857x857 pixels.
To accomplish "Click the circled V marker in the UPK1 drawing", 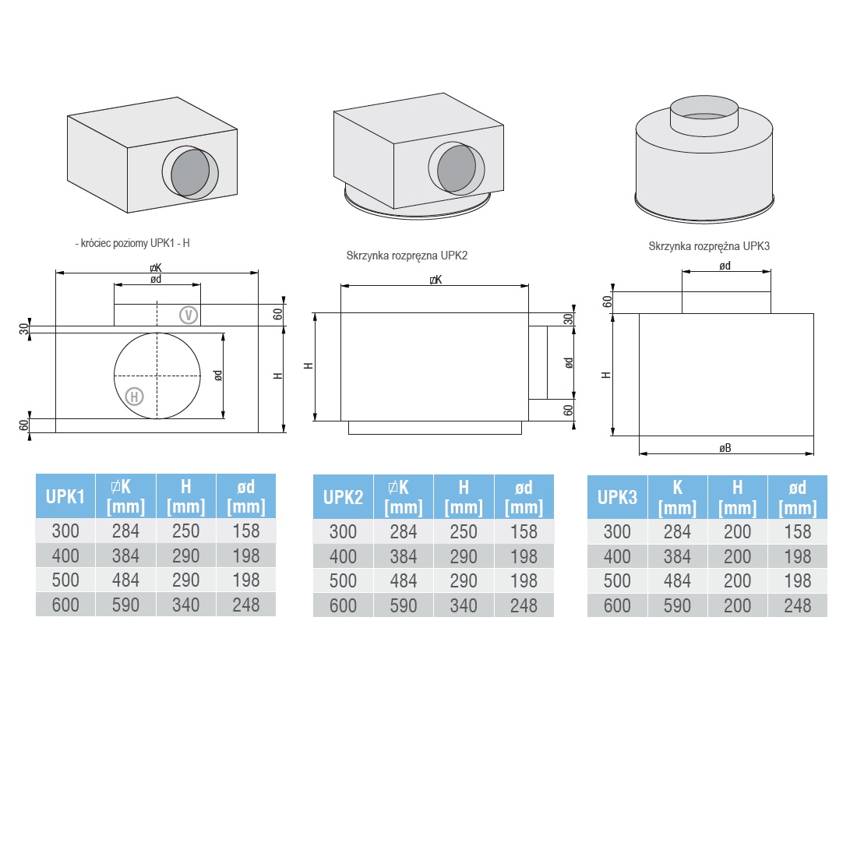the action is point(189,315).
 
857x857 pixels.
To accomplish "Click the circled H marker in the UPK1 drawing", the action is point(135,397).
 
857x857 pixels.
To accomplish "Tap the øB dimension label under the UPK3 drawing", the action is point(725,448).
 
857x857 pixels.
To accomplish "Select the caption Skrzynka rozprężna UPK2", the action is point(407,256).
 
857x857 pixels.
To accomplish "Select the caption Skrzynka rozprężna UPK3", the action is point(709,246).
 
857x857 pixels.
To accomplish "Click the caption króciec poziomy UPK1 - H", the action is point(132,243).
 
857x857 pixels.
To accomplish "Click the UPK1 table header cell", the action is point(65,496).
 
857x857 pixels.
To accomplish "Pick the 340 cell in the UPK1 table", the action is point(186,605).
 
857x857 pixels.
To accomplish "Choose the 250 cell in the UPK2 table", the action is point(464,531).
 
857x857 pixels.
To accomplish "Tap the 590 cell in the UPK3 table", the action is point(677,605).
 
